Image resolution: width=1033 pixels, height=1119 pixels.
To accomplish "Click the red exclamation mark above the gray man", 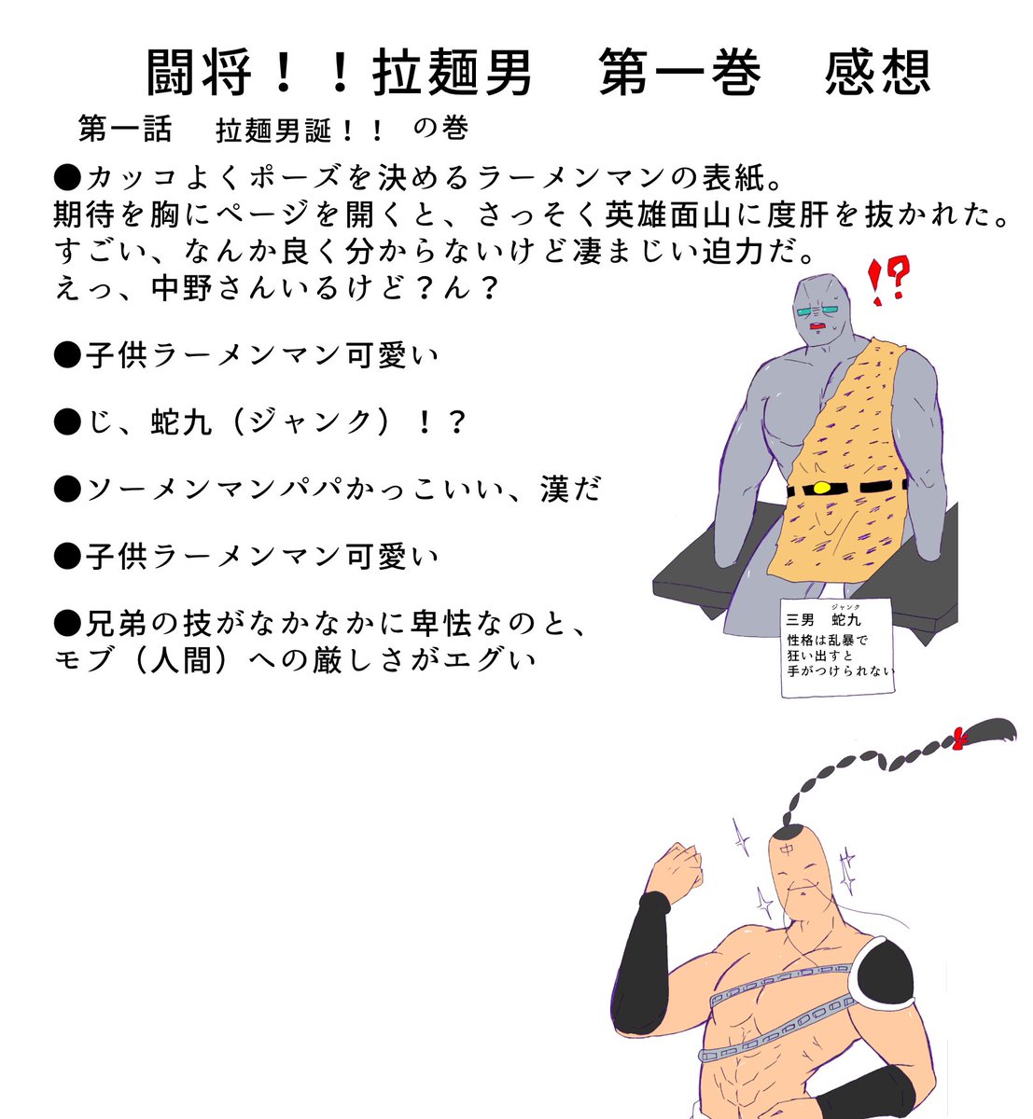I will [877, 283].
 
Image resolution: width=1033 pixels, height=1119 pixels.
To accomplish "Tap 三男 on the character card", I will [803, 620].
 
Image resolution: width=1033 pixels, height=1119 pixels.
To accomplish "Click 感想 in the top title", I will [877, 73].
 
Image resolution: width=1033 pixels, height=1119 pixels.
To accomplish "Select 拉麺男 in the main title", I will [453, 73].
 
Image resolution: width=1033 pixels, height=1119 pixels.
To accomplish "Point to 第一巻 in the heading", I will [679, 73].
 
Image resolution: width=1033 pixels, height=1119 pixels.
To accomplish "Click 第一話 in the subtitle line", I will [125, 130].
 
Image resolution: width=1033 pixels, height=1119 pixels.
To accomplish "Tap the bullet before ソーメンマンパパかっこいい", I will [68, 490].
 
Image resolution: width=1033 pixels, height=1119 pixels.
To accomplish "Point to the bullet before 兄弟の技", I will [68, 623].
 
